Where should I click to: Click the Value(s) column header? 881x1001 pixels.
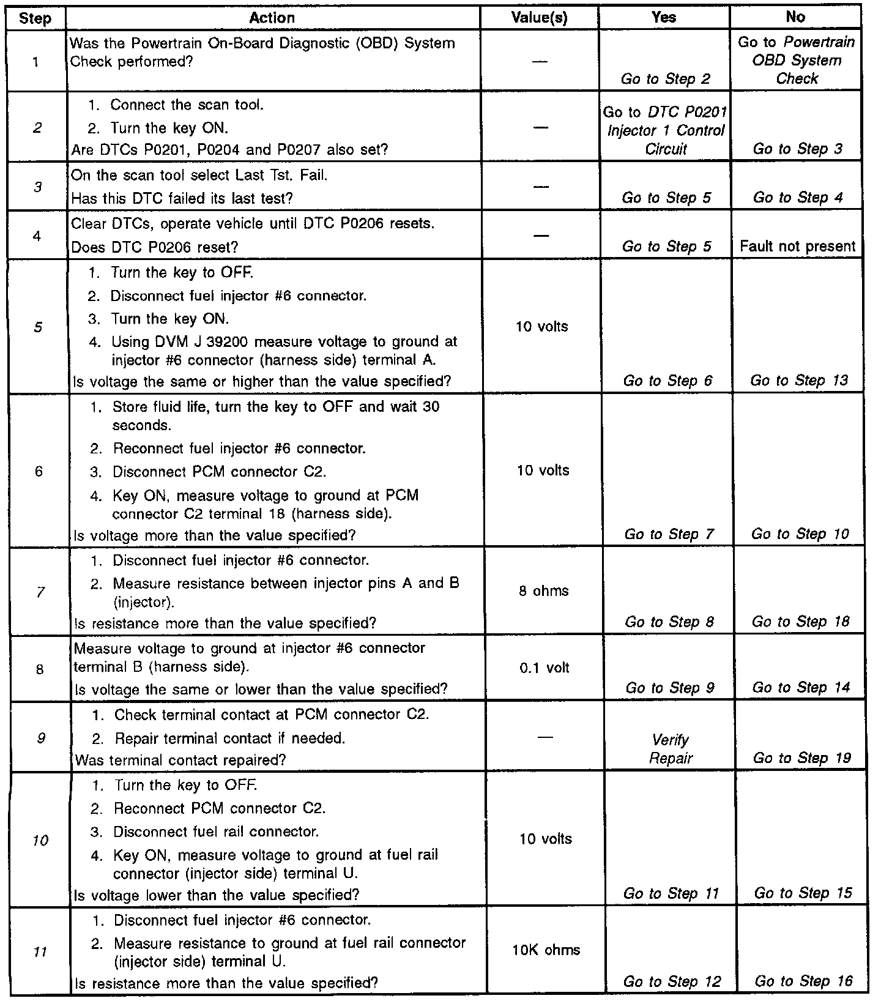[x=539, y=18]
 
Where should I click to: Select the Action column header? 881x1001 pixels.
[x=272, y=18]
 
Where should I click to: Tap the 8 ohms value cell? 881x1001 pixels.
[x=543, y=591]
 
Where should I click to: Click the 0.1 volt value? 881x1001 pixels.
[x=544, y=668]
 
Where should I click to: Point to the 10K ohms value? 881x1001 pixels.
[x=546, y=950]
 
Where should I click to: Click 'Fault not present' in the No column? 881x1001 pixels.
[x=797, y=247]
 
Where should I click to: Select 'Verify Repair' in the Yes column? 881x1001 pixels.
[x=671, y=750]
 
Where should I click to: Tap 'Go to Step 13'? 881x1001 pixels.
[x=799, y=381]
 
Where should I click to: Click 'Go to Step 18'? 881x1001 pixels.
[x=801, y=622]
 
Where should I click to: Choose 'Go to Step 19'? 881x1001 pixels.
[x=801, y=758]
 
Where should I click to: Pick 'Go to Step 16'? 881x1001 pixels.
[x=803, y=982]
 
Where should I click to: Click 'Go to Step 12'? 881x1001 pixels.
[x=672, y=982]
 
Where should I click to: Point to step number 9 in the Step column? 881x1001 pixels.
[x=40, y=739]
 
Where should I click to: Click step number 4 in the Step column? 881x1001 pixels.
[x=37, y=236]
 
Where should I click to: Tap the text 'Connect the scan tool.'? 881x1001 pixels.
[x=187, y=105]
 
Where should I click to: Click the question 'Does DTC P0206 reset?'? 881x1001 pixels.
[x=155, y=247]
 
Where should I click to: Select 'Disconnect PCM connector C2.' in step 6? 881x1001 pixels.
[x=218, y=472]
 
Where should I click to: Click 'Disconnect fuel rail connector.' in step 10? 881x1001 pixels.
[x=216, y=832]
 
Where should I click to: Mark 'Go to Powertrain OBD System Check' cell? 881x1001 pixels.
[x=796, y=61]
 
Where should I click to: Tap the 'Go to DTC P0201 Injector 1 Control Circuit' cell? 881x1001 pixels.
[x=665, y=130]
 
